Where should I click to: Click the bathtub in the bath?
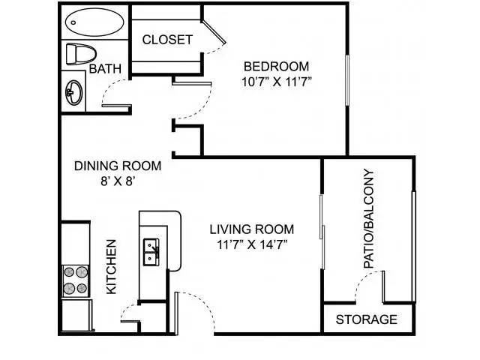point(94,22)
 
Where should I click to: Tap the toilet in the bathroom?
point(80,54)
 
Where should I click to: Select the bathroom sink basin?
point(74,92)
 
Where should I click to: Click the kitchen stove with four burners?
point(76,281)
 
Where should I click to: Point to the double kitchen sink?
point(151,252)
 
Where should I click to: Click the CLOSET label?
point(167,40)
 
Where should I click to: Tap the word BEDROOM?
point(276,67)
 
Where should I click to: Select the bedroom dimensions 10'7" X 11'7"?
point(277,82)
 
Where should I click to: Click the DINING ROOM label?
point(118,166)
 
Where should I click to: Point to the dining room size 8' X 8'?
point(118,181)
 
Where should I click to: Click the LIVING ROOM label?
point(252,229)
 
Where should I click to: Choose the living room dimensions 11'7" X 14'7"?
point(252,244)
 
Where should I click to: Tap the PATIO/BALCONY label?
point(368,218)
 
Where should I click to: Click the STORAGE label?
point(367,319)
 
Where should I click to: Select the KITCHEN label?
point(112,267)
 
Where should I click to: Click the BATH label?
point(105,68)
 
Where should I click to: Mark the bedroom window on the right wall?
point(347,80)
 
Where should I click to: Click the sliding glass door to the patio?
point(322,232)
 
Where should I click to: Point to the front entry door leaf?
point(176,313)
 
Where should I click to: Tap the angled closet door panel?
point(214,33)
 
